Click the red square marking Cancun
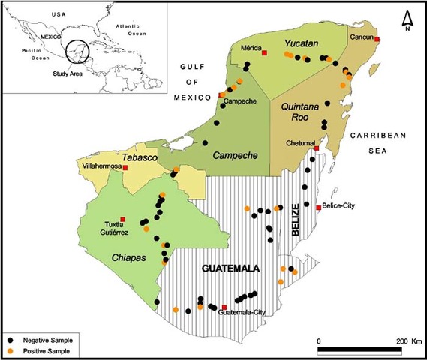[x=377, y=40]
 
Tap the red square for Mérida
[x=263, y=52]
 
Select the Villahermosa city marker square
[x=125, y=168]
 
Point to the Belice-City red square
[x=319, y=207]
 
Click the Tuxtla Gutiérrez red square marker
[x=123, y=220]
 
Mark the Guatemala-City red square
[x=224, y=306]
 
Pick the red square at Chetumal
[x=316, y=148]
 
